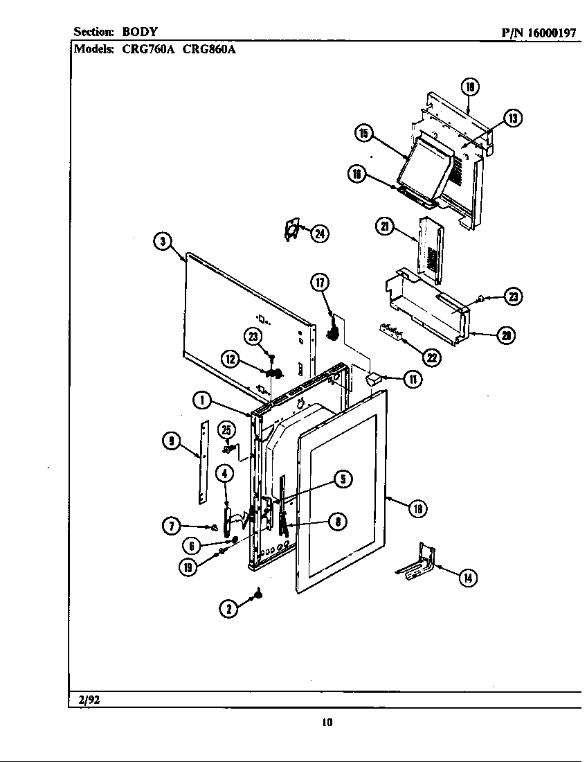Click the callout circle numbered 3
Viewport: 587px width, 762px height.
(161, 241)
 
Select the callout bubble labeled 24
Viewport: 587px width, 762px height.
(319, 234)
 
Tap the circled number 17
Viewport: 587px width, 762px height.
(319, 282)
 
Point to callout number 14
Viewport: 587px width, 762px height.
(469, 577)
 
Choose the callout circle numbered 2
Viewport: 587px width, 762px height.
(228, 608)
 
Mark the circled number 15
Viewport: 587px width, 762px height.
(364, 134)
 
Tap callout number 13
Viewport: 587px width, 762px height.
(512, 118)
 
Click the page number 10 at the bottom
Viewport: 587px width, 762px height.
(327, 723)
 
